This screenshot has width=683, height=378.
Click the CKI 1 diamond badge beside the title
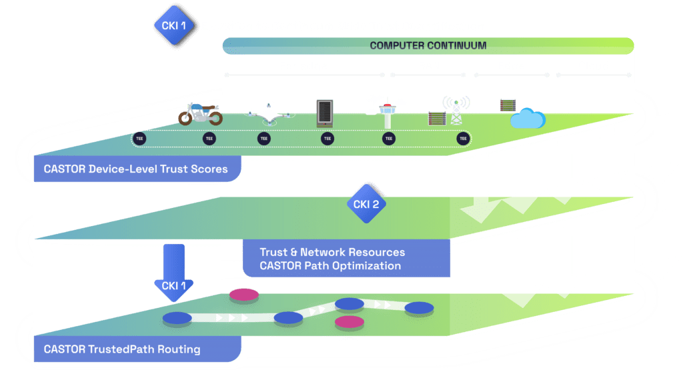[x=169, y=26]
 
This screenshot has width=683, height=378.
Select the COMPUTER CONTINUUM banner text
[x=428, y=46]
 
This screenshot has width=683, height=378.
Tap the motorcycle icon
[x=199, y=115]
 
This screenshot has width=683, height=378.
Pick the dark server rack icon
[x=323, y=113]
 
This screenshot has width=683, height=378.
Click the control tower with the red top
[x=387, y=114]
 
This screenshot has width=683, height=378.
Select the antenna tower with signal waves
[x=456, y=110]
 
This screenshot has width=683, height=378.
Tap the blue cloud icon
[x=528, y=119]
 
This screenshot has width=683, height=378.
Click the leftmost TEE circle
[x=139, y=139]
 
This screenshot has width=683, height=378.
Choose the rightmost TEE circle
[x=463, y=139]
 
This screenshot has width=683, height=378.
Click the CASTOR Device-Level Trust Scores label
[x=136, y=169]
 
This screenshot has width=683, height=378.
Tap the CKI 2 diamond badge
[x=366, y=204]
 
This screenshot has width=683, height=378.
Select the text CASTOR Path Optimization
[x=330, y=266]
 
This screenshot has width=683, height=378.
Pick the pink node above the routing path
[x=243, y=295]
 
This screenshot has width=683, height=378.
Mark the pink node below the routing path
[x=349, y=322]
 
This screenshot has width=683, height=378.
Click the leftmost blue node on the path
[x=177, y=318]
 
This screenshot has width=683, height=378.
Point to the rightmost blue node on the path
[x=419, y=308]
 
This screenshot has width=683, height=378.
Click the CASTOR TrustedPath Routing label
[x=122, y=349]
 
